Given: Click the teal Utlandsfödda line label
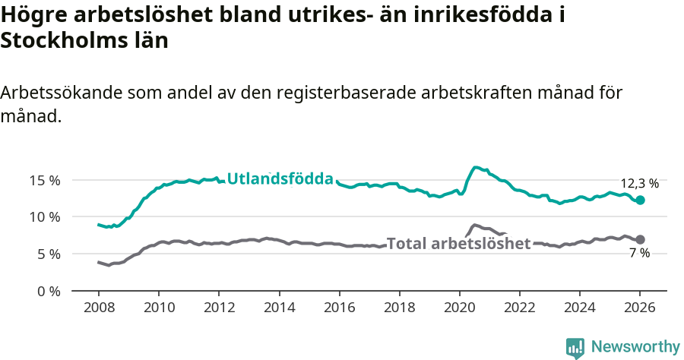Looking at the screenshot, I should pyautogui.click(x=280, y=179).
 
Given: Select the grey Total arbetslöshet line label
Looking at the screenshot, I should pyautogui.click(x=458, y=244).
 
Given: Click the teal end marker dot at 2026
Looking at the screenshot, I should pyautogui.click(x=640, y=200).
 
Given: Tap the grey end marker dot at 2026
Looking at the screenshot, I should pyautogui.click(x=640, y=239).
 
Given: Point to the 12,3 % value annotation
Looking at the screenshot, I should pyautogui.click(x=639, y=184).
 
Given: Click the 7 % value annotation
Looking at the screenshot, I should pyautogui.click(x=639, y=254).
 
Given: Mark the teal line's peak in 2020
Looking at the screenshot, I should pyautogui.click(x=476, y=167).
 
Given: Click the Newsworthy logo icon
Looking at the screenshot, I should pyautogui.click(x=575, y=348).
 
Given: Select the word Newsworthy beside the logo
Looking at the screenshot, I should pyautogui.click(x=635, y=347).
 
